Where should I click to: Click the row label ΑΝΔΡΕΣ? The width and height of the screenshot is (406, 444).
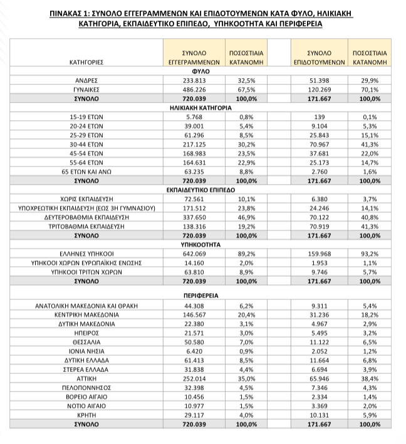click(x=86, y=81)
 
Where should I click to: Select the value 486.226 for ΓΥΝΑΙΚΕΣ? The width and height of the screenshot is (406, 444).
click(x=193, y=90)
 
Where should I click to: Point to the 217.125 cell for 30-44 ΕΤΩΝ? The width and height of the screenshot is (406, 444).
click(x=193, y=143)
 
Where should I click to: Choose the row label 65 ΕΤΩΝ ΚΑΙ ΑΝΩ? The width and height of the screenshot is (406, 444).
click(x=86, y=170)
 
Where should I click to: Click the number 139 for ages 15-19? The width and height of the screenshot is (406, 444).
click(x=321, y=116)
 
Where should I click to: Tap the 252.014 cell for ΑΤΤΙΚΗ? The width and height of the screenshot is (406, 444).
click(x=193, y=379)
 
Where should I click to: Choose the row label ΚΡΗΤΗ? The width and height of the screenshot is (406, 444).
click(x=86, y=415)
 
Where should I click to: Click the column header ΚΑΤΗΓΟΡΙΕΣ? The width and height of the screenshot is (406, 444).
click(x=86, y=63)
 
